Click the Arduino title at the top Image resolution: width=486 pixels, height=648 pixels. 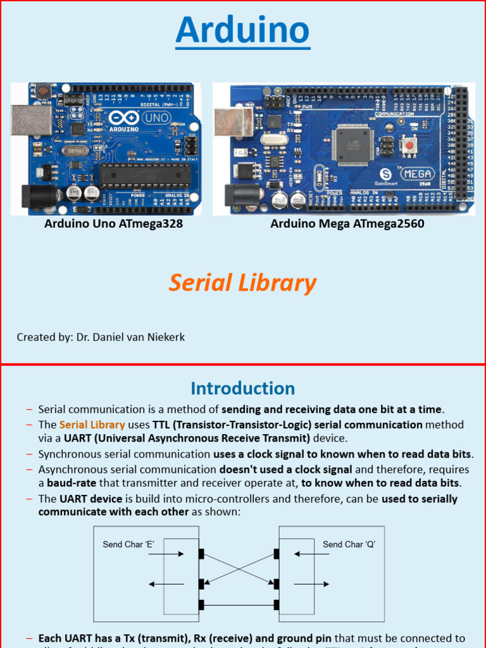(242, 31)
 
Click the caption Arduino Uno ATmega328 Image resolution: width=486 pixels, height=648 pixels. (113, 224)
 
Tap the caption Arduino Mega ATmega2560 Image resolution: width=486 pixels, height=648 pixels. (347, 224)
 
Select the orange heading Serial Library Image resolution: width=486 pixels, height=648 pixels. (242, 283)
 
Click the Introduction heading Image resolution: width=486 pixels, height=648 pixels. (242, 388)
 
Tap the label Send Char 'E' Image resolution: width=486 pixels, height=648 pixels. (128, 544)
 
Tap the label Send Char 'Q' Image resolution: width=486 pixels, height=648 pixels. (349, 544)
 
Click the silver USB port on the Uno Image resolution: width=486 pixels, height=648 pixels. (32, 120)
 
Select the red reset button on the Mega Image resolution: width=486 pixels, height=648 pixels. (409, 146)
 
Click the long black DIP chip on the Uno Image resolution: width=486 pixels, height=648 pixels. (144, 175)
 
